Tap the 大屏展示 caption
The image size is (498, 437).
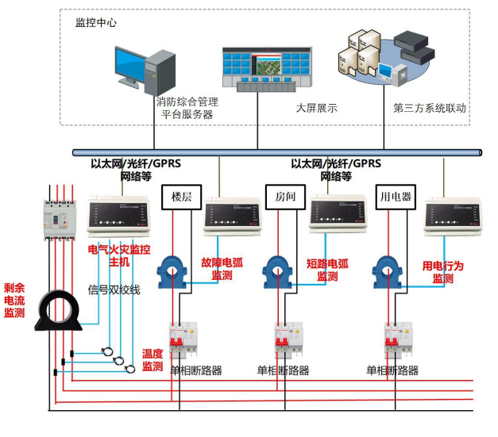(x=316, y=108)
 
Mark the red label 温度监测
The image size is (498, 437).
(x=152, y=359)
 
